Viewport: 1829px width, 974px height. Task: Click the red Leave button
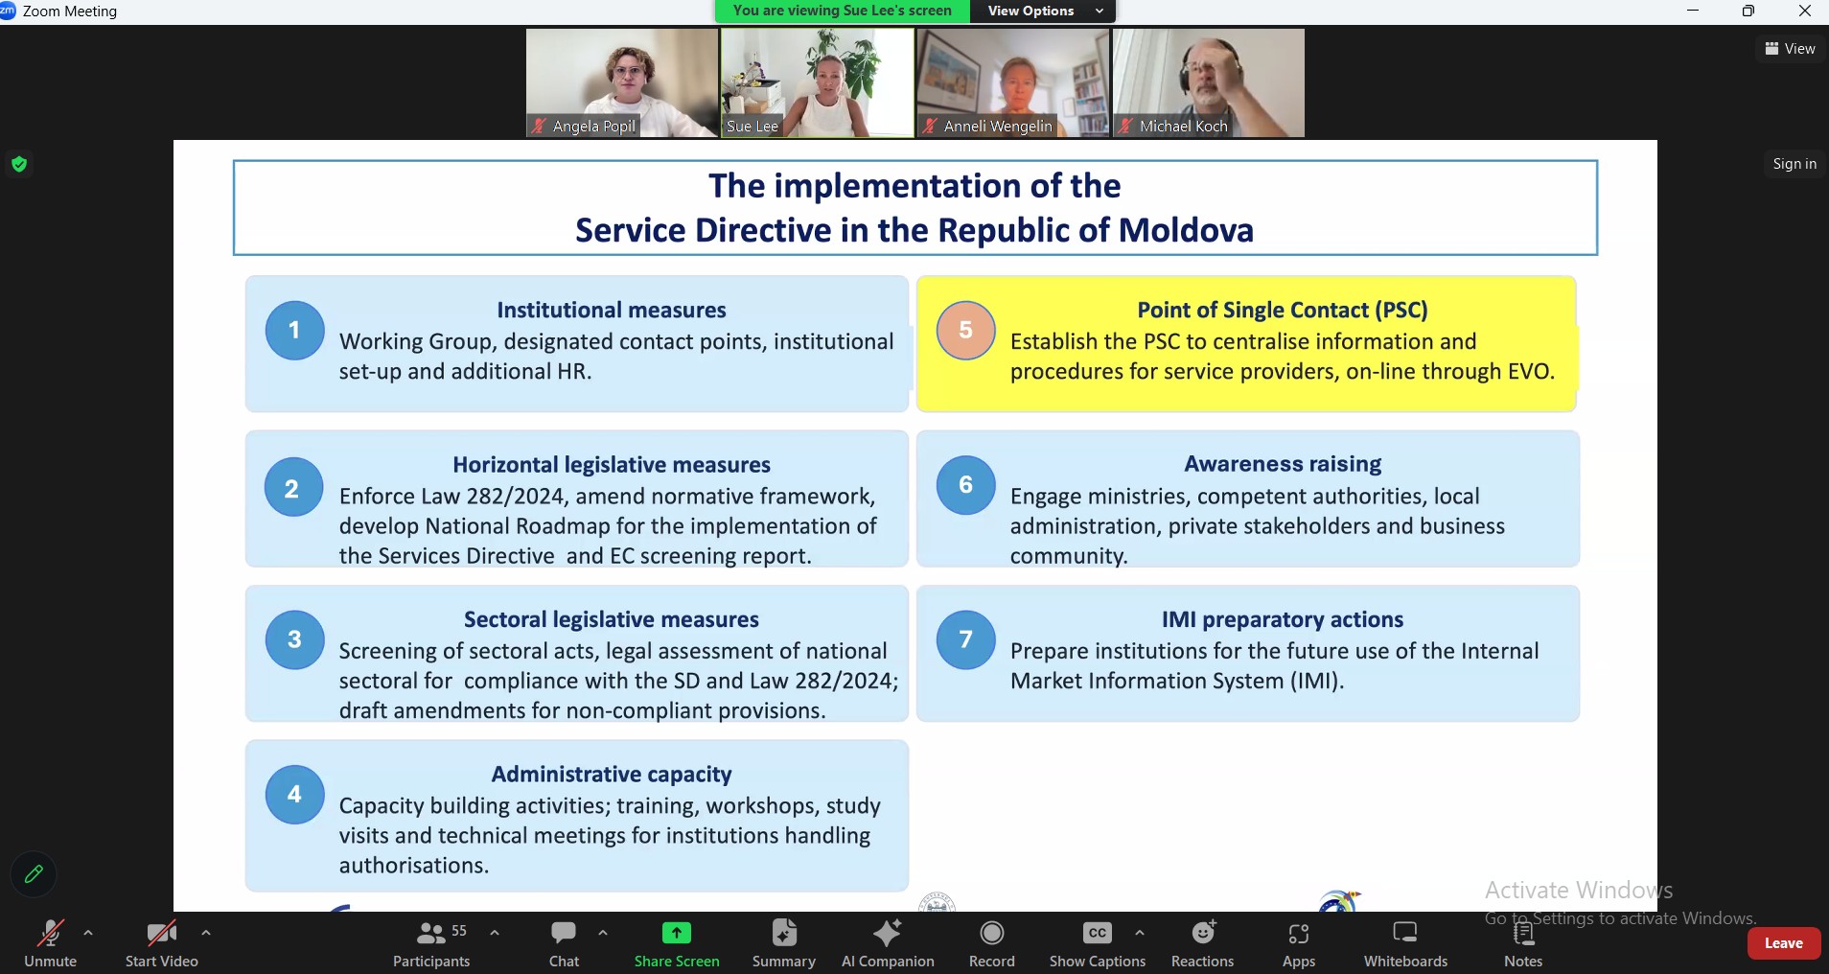[1783, 943]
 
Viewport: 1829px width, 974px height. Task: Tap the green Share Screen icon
[677, 933]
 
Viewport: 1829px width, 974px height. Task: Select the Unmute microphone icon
[50, 933]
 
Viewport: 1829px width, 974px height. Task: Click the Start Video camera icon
[161, 933]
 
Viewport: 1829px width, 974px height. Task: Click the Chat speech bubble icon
[564, 933]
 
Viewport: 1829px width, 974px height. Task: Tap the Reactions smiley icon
[1203, 933]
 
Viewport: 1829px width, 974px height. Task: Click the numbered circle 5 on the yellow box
[966, 331]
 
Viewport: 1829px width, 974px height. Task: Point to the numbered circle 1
[294, 331]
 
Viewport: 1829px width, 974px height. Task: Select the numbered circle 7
[966, 639]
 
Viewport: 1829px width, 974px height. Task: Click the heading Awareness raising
[1283, 464]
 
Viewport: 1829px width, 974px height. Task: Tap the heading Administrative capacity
[612, 774]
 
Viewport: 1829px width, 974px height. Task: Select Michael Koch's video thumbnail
[1209, 82]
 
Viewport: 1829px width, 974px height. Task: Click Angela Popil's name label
[594, 126]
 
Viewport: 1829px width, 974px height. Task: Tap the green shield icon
[19, 165]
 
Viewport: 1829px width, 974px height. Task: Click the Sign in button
[1794, 164]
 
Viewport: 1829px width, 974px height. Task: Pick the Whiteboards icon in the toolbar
[1405, 933]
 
